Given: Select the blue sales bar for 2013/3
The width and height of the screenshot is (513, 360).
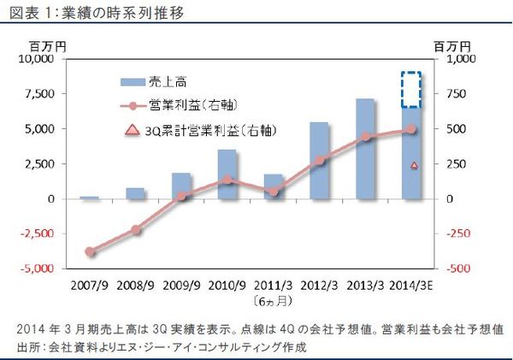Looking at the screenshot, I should pyautogui.click(x=365, y=150).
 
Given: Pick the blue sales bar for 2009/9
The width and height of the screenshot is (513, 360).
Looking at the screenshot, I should pyautogui.click(x=181, y=186).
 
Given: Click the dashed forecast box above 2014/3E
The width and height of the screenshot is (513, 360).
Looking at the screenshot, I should pyautogui.click(x=411, y=89).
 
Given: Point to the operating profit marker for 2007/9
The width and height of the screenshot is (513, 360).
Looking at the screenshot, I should pyautogui.click(x=91, y=251).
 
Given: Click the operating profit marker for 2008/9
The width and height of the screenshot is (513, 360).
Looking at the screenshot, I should pyautogui.click(x=136, y=229).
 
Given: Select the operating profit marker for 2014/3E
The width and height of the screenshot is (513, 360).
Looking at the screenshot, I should pyautogui.click(x=411, y=129).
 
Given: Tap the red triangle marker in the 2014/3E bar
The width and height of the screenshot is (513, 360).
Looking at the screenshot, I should pyautogui.click(x=415, y=165).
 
